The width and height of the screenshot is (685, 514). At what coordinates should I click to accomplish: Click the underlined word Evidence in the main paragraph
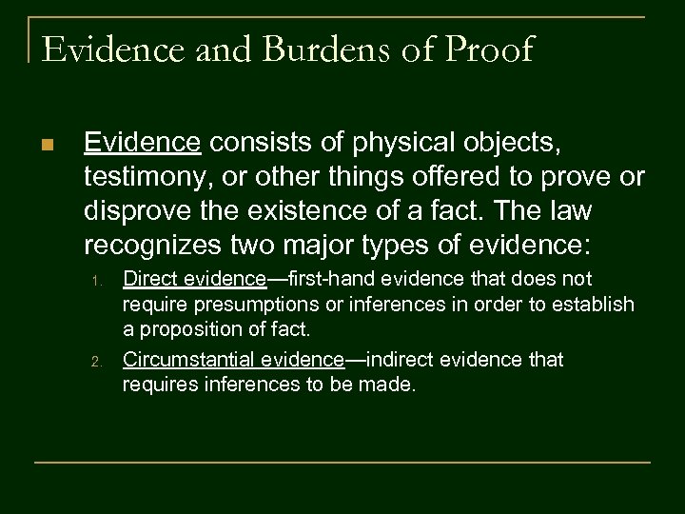click(143, 143)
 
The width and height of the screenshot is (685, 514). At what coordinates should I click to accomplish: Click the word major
click(359, 246)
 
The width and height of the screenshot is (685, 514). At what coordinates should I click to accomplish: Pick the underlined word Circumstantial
click(186, 360)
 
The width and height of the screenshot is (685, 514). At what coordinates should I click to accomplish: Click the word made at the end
click(391, 386)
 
